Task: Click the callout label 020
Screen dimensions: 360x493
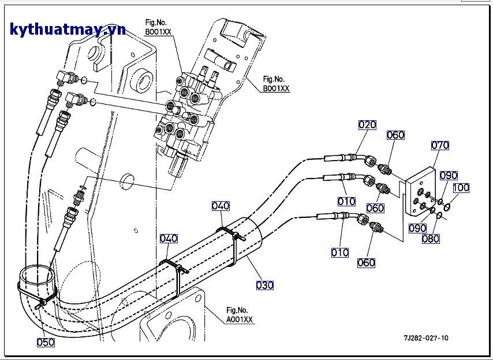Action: point(367,124)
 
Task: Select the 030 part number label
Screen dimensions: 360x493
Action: point(265,285)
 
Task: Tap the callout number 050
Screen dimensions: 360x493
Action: point(46,342)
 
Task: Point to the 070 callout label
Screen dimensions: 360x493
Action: point(440,146)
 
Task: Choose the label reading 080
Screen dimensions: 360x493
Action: point(429,239)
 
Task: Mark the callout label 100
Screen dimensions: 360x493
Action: point(461,188)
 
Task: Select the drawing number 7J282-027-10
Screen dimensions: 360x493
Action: point(426,338)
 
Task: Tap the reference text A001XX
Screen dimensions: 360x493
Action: point(240,320)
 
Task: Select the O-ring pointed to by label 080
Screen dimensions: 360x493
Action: point(439,216)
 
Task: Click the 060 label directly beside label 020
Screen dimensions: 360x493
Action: point(395,135)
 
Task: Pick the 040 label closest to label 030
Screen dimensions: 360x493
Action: point(221,206)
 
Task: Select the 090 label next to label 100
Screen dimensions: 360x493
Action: point(449,176)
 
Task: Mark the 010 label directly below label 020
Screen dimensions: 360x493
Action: point(347,201)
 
